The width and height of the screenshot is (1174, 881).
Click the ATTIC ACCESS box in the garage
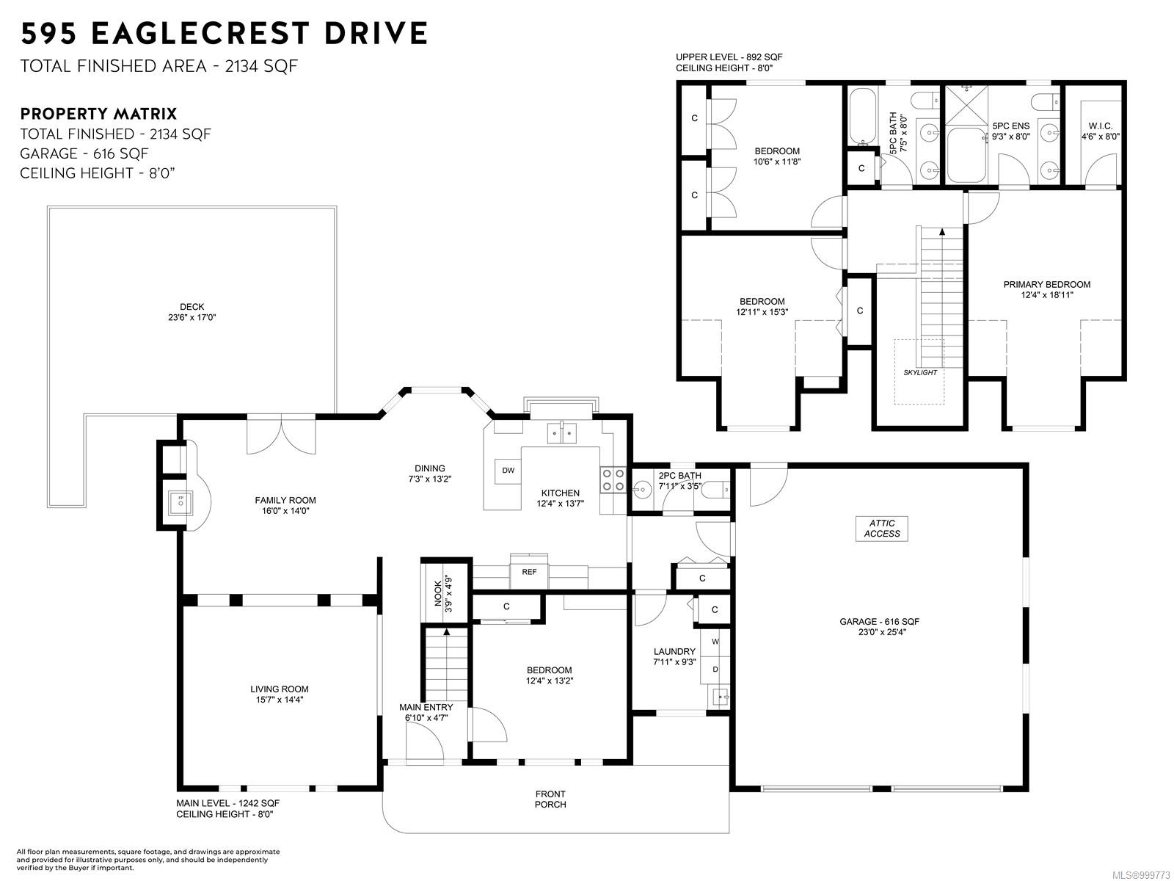pyautogui.click(x=881, y=529)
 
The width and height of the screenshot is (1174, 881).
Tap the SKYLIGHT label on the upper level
pyautogui.click(x=920, y=372)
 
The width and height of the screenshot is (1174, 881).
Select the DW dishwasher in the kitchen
pyautogui.click(x=508, y=471)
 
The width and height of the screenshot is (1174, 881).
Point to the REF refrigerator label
pyautogui.click(x=529, y=572)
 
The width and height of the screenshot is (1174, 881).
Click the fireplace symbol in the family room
pyautogui.click(x=181, y=502)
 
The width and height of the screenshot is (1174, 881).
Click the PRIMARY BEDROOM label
pyautogui.click(x=1047, y=285)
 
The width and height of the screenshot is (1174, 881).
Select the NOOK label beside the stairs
pyautogui.click(x=438, y=593)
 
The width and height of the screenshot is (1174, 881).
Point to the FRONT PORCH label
pyautogui.click(x=550, y=800)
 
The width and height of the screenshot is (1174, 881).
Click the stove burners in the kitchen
pyautogui.click(x=613, y=480)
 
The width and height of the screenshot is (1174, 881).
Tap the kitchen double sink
pyautogui.click(x=561, y=432)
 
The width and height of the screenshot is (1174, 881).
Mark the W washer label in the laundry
pyautogui.click(x=715, y=642)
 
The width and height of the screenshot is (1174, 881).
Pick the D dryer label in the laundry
pyautogui.click(x=715, y=669)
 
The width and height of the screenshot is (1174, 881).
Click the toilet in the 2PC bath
pyautogui.click(x=715, y=489)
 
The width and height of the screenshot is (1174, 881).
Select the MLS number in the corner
pyautogui.click(x=1142, y=875)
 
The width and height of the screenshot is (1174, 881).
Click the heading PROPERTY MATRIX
pyautogui.click(x=98, y=114)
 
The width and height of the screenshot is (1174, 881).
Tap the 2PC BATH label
pyautogui.click(x=679, y=476)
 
